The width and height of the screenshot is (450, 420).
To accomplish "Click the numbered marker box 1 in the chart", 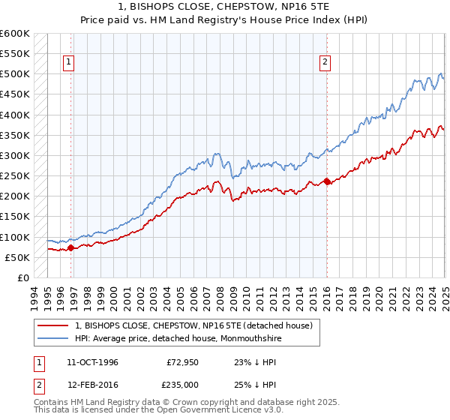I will [68, 63].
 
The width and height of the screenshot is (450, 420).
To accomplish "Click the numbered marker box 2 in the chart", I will [325, 63].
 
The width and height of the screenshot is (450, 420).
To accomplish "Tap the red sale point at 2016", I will [327, 181].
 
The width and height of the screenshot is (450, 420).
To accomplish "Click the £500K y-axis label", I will [15, 74].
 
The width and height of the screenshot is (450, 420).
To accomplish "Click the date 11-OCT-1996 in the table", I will [92, 362].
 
